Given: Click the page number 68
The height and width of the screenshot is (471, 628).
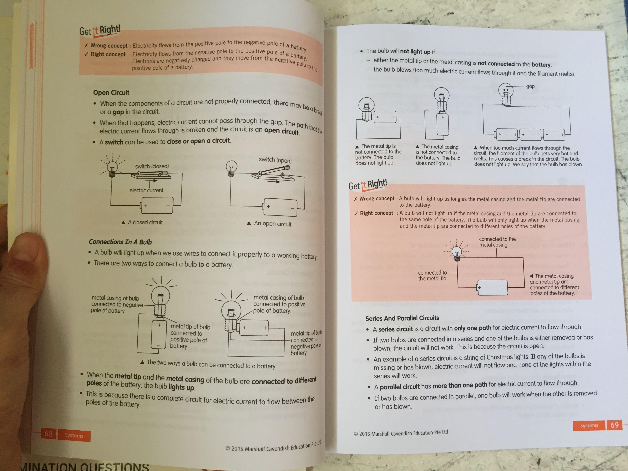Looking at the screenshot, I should coord(48,433).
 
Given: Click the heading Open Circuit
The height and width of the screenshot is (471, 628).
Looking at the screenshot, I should coord(111,93).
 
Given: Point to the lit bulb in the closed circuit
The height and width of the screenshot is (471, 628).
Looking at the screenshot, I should coord(112,167).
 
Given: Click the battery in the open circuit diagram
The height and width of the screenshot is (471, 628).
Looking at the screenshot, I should coord(280,208).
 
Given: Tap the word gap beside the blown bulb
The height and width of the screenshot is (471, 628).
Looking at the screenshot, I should coord(530,86).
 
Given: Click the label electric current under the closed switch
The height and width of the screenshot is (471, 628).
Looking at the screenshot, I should coord(146,190).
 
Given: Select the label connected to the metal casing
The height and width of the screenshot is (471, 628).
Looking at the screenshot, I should coord(497,242).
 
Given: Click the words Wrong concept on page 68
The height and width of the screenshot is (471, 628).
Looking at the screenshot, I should coord(109,45).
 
